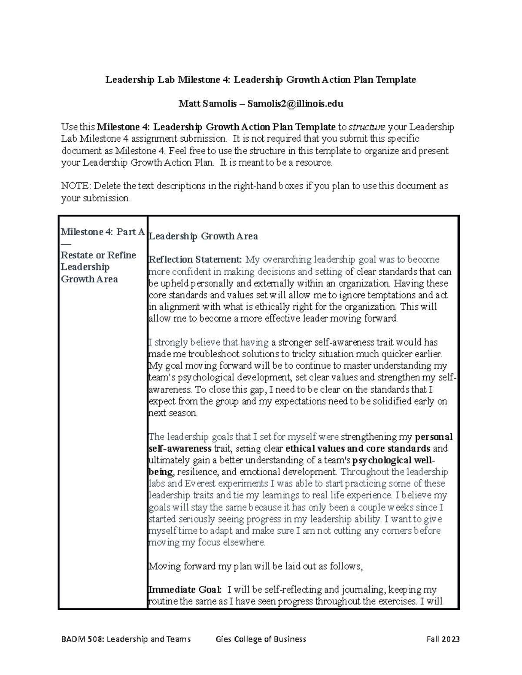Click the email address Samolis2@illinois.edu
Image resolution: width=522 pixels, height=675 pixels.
[295, 104]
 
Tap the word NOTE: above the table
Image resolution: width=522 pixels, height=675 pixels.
[76, 186]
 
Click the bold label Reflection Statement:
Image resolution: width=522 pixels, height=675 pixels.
[195, 260]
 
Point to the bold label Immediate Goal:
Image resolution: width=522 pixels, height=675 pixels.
[185, 590]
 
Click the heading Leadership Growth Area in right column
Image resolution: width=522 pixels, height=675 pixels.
[203, 236]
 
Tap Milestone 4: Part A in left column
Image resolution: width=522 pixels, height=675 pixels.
[103, 232]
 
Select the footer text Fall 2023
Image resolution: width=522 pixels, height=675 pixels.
[443, 639]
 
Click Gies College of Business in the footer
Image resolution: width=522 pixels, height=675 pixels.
[261, 639]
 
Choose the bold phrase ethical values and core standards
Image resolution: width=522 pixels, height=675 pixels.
[358, 449]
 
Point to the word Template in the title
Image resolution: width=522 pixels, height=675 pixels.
[396, 80]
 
